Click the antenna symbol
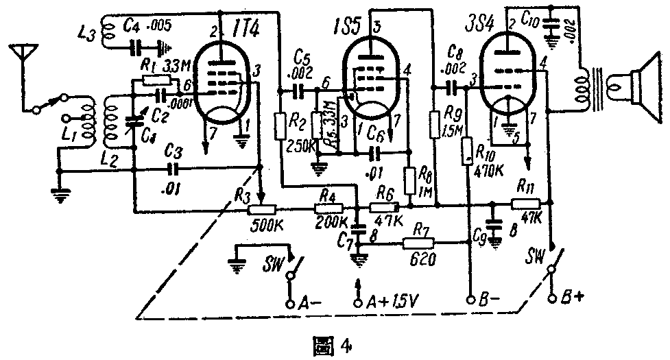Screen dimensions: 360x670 21,53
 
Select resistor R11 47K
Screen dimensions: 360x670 526,204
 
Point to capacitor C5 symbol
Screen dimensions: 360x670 299,89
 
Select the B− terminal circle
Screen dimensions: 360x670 470,300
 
